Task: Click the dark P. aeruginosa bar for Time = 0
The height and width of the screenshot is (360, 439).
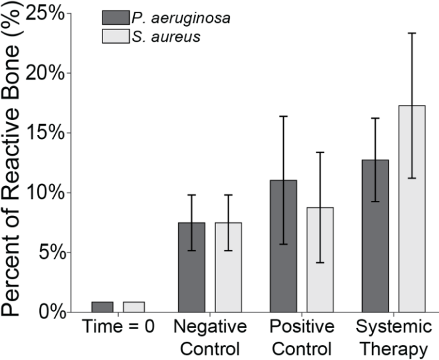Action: point(102,307)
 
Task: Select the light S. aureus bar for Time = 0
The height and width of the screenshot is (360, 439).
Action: point(134,307)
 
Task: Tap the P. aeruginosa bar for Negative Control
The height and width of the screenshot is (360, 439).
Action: point(192,267)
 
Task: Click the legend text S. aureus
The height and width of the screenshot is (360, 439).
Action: point(160,37)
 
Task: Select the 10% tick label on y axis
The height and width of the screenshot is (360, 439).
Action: point(52,192)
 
